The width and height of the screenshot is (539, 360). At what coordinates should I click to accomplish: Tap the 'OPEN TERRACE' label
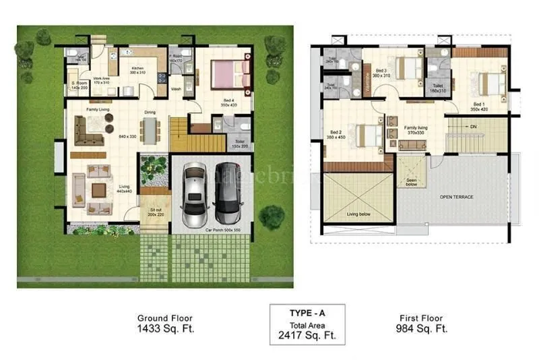456,197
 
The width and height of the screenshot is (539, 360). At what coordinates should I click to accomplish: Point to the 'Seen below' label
412,181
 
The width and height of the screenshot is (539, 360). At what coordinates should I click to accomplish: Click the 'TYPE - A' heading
307,313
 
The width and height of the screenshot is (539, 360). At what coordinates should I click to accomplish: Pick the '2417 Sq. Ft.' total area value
307,334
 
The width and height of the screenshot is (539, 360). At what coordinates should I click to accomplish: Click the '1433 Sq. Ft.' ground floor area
165,329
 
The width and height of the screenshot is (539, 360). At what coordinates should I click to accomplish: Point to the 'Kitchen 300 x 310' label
137,70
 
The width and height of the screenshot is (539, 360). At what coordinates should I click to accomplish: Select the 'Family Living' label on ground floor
98,109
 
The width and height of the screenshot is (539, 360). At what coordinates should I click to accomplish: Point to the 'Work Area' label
102,78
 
